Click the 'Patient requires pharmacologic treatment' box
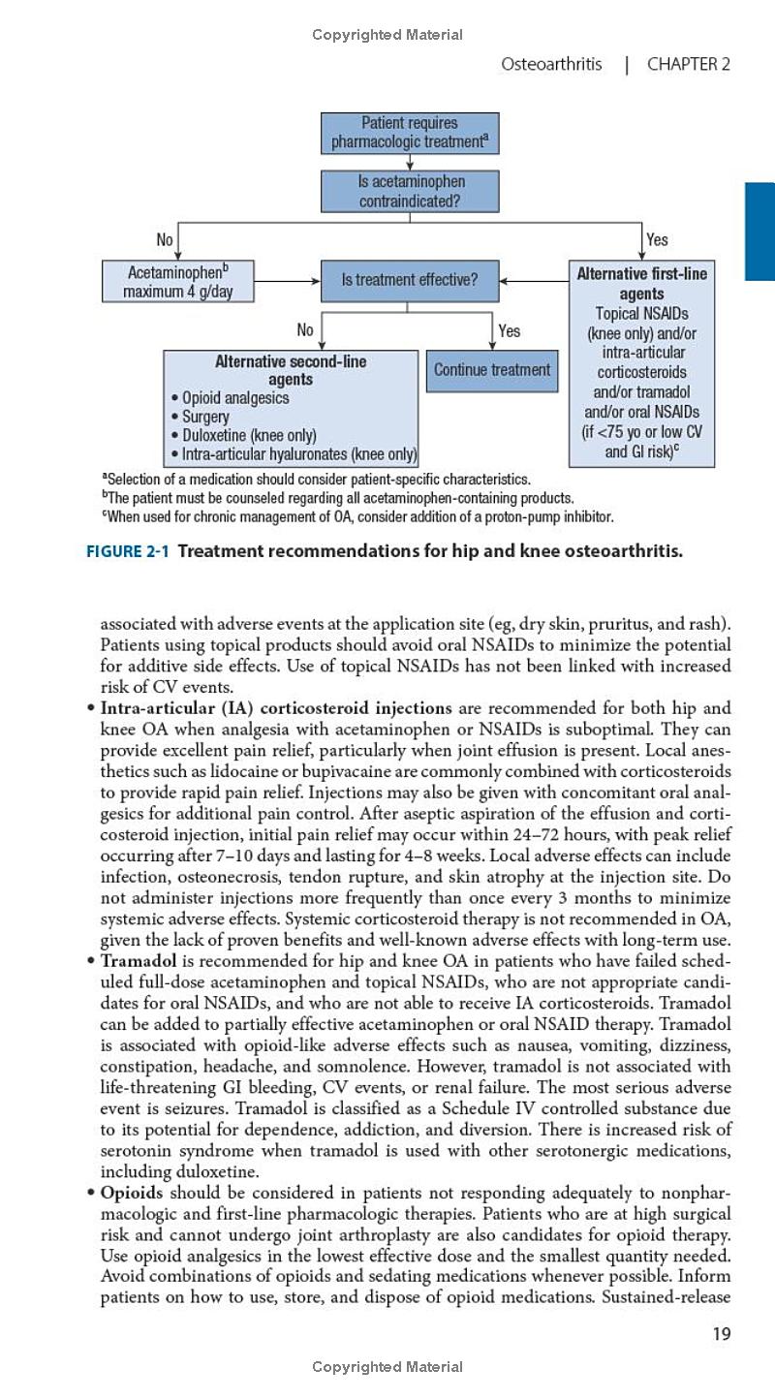pyautogui.click(x=410, y=133)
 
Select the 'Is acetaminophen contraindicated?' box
pyautogui.click(x=410, y=191)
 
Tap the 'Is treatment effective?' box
pyautogui.click(x=410, y=280)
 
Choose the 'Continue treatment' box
pyautogui.click(x=492, y=369)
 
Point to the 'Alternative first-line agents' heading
pyautogui.click(x=641, y=283)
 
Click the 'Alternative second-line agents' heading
pyautogui.click(x=291, y=370)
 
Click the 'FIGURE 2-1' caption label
pyautogui.click(x=128, y=552)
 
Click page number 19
pyautogui.click(x=721, y=1334)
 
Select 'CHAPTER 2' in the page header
pyautogui.click(x=688, y=65)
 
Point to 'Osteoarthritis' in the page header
pyautogui.click(x=550, y=65)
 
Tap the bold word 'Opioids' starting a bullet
pyautogui.click(x=132, y=1192)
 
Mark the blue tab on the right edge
pyautogui.click(x=759, y=232)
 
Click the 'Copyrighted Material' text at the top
pyautogui.click(x=387, y=35)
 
